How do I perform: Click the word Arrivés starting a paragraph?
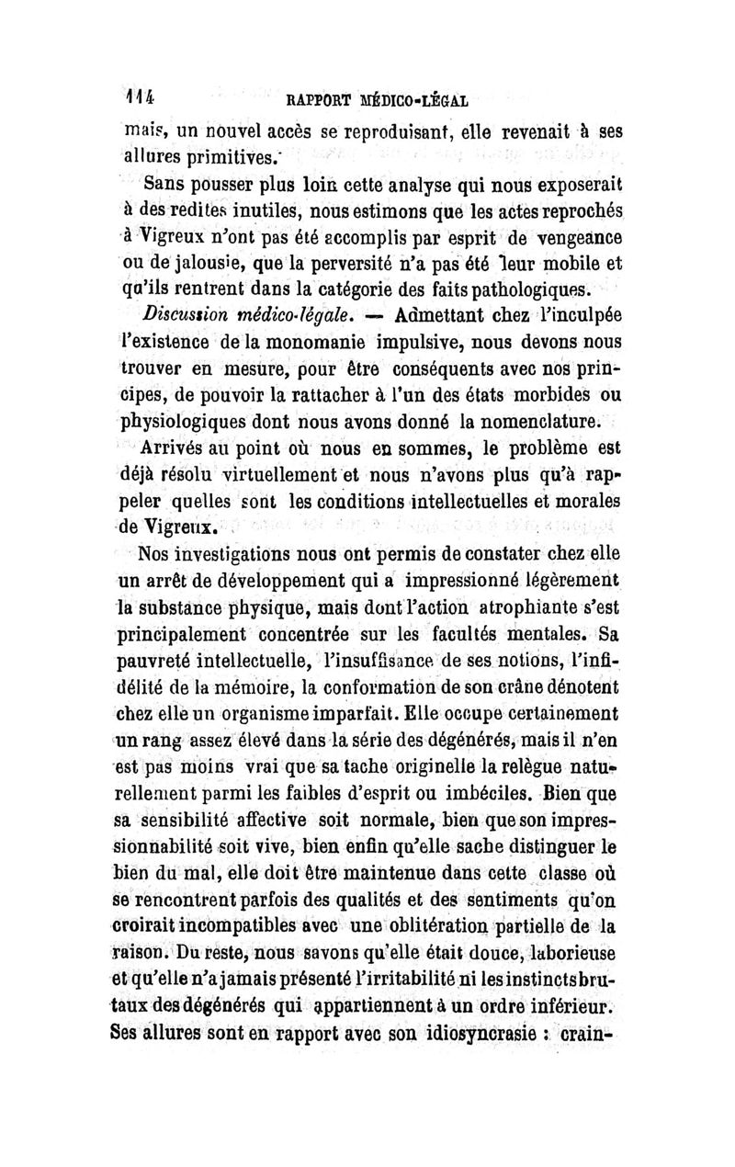[177, 450]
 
